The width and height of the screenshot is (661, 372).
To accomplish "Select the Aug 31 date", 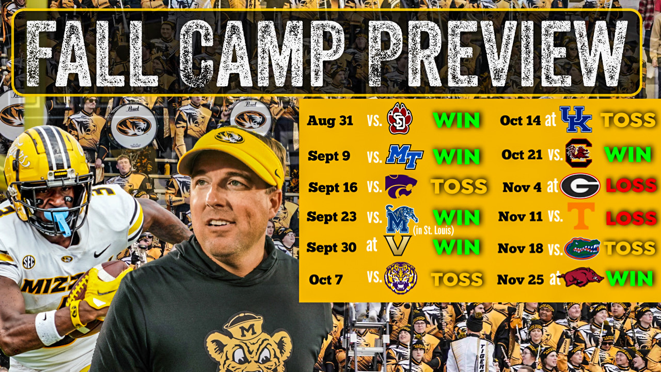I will point(330,121).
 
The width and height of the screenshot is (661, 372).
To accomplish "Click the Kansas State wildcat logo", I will point(401,187).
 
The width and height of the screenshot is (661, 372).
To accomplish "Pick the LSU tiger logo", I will point(401,278).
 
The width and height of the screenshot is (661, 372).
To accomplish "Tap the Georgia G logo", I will point(580,186).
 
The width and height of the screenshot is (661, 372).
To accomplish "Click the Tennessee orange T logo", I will point(580,216).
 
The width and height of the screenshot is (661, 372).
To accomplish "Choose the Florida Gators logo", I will point(582,248).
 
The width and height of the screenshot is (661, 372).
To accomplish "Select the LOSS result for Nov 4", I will point(631,186).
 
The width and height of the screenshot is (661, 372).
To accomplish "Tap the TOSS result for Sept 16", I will point(459,187).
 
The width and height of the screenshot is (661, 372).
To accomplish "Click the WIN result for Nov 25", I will point(629,279).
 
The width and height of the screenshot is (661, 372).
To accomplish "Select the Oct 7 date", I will point(326,280).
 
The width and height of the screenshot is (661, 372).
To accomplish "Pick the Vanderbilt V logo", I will point(397,246).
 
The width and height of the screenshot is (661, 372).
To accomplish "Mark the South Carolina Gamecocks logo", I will point(578,153).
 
